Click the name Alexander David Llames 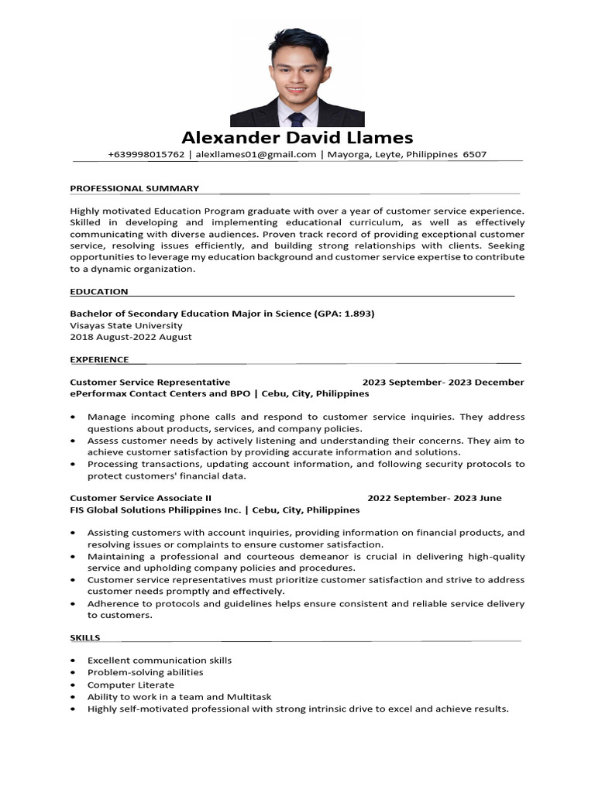(x=297, y=138)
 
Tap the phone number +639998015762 (x=146, y=154)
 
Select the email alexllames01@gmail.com (x=256, y=154)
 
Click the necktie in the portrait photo (x=297, y=118)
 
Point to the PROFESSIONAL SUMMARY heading (x=134, y=188)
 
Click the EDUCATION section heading (x=99, y=291)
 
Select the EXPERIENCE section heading (x=99, y=359)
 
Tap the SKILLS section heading (x=85, y=637)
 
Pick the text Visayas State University (x=126, y=325)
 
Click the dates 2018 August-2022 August (x=131, y=337)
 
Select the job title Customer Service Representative (x=150, y=382)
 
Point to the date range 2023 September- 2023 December (x=443, y=382)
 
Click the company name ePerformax (x=97, y=393)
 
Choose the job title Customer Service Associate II (x=140, y=498)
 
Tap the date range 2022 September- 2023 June (x=434, y=498)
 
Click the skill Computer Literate (x=131, y=685)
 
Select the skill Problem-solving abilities (x=146, y=672)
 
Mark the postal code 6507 (x=474, y=154)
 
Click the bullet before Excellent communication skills (x=73, y=661)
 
